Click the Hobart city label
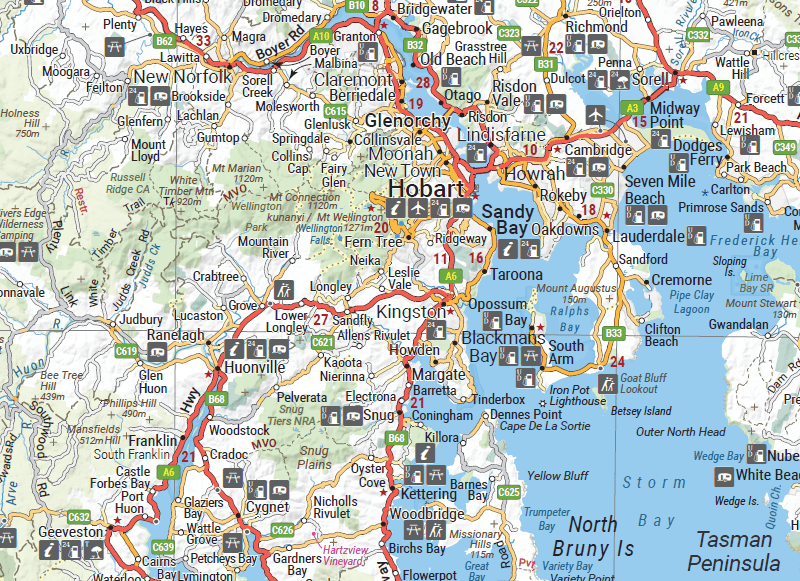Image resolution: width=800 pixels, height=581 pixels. pos(425,190)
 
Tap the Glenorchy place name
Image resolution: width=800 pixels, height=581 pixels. pos(409,121)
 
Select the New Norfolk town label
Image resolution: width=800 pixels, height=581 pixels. pos(182,77)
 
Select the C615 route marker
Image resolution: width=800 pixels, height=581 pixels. pos(336,111)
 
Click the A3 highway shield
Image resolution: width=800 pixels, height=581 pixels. pos(631,107)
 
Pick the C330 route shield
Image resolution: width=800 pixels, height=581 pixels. pos(602,190)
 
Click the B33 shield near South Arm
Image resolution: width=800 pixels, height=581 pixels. pos(614,333)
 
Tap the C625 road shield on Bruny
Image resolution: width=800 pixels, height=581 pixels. pos(509,492)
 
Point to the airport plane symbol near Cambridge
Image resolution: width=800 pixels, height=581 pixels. pos(598,110)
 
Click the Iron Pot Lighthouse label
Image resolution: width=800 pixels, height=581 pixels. pos(577,395)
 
